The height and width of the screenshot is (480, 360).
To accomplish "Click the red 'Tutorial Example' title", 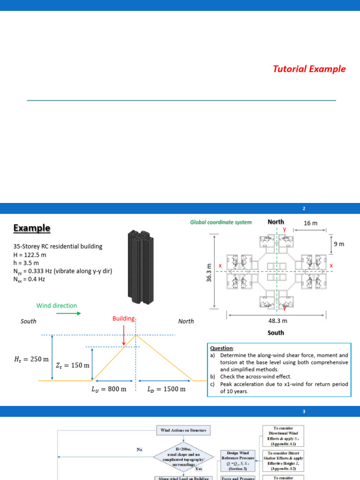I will click(x=309, y=69).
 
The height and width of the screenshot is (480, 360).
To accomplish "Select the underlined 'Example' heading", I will click(x=32, y=228).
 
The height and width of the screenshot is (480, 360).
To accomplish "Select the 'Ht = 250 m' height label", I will click(x=28, y=360).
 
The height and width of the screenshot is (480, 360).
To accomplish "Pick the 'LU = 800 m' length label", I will click(x=108, y=389).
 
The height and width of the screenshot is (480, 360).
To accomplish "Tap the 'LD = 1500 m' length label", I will click(x=166, y=389).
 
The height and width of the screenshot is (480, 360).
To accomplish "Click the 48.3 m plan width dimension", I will click(x=276, y=321).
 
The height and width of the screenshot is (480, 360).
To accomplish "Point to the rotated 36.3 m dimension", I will click(x=210, y=272).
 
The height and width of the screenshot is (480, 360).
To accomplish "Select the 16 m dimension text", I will click(x=311, y=223).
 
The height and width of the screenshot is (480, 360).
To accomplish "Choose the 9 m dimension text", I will click(x=338, y=244).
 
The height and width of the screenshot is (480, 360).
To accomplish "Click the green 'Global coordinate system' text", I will click(x=221, y=222).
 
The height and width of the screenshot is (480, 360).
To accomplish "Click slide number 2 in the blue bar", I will click(x=304, y=208).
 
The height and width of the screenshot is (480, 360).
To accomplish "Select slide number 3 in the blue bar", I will click(x=304, y=412).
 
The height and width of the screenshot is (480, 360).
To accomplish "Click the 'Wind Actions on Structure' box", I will click(x=183, y=430).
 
